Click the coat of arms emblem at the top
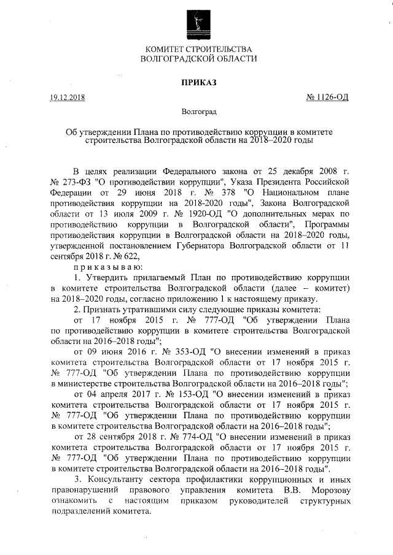click(x=196, y=23)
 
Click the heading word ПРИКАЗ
click(x=196, y=83)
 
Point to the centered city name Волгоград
click(x=196, y=112)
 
